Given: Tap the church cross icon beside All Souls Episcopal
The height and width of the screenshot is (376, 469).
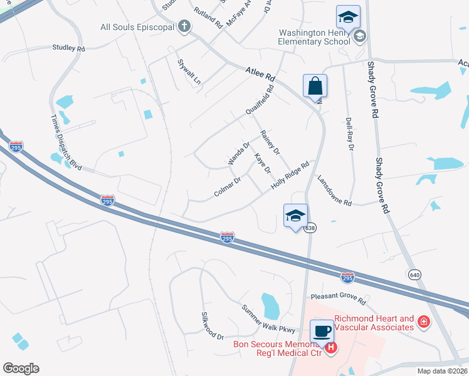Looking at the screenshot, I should pyautogui.click(x=184, y=26).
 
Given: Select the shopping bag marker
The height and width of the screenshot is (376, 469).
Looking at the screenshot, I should pyautogui.click(x=315, y=86).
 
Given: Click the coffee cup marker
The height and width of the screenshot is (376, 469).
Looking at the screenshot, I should pyautogui.click(x=322, y=331).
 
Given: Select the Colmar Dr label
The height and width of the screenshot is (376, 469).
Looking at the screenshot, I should pyautogui.click(x=228, y=187).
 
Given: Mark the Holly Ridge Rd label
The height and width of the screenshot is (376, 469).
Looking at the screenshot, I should pyautogui.click(x=290, y=177).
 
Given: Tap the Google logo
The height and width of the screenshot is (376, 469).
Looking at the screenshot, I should pyautogui.click(x=21, y=368).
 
